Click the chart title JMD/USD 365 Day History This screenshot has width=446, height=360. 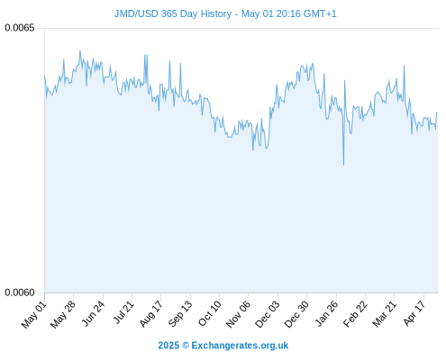(x=173, y=13)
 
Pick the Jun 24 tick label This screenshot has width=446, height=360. (x=93, y=314)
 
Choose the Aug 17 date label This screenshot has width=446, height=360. (x=151, y=314)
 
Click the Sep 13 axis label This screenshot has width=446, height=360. (x=180, y=314)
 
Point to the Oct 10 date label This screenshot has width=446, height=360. (x=210, y=314)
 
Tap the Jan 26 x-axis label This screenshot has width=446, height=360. (x=326, y=314)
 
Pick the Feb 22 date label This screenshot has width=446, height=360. (x=355, y=314)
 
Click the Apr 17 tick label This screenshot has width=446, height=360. (x=414, y=313)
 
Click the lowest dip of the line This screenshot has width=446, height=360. (x=343, y=165)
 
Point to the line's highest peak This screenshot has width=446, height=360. (x=80, y=50)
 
